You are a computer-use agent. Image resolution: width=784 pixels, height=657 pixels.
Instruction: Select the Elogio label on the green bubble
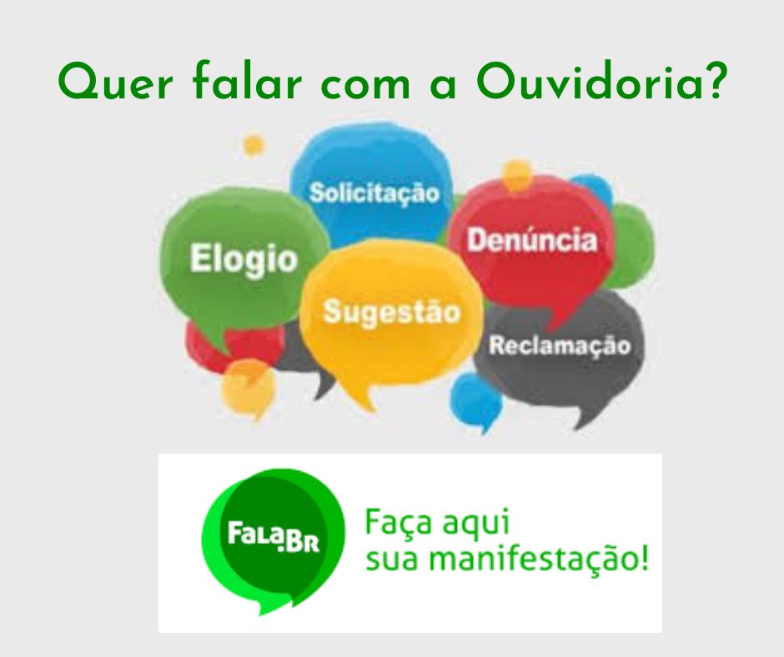pyautogui.click(x=244, y=260)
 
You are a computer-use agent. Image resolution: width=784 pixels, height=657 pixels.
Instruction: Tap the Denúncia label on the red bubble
pyautogui.click(x=532, y=240)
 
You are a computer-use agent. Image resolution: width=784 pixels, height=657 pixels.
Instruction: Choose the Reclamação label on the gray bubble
pyautogui.click(x=560, y=346)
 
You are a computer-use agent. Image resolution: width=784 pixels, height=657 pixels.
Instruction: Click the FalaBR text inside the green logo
pyautogui.click(x=274, y=536)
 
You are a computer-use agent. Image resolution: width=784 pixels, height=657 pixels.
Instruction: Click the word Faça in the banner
pyautogui.click(x=398, y=523)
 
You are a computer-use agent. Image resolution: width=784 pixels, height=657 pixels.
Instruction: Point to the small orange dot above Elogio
pyautogui.click(x=254, y=145)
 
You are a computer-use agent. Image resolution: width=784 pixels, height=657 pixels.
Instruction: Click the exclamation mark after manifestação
pyautogui.click(x=644, y=558)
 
